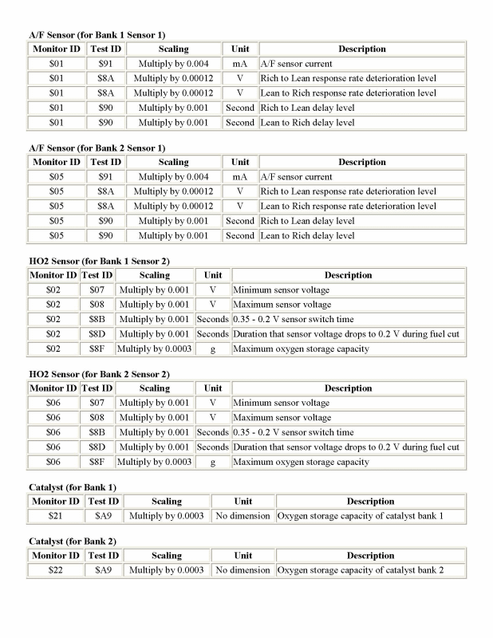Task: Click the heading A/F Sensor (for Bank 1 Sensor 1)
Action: coord(97,35)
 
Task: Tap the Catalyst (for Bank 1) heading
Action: coord(73,487)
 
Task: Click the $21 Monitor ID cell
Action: coord(56,516)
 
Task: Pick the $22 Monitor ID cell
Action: coord(56,570)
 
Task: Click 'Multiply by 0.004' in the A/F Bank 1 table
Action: coord(173,63)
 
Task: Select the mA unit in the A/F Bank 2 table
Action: coord(239,176)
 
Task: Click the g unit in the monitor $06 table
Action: coord(213,462)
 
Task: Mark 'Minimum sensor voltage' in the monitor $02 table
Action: coord(281,289)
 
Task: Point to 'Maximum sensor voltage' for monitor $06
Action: coord(282,417)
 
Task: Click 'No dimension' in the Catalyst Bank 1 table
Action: coord(243,516)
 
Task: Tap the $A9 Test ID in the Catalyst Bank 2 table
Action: coord(104,570)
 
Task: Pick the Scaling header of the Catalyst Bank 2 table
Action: coord(167,556)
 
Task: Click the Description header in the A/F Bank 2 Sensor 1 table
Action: coord(362,162)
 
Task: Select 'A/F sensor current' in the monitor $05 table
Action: coord(296,176)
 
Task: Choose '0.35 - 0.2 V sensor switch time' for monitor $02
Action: coord(293,319)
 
